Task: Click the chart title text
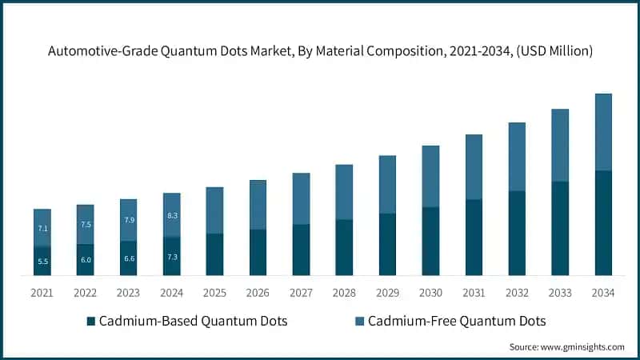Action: pyautogui.click(x=320, y=51)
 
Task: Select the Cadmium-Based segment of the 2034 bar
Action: pyautogui.click(x=603, y=222)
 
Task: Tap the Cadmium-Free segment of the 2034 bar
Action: pyautogui.click(x=603, y=132)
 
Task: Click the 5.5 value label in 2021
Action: pyautogui.click(x=42, y=262)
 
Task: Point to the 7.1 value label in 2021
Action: pyautogui.click(x=42, y=229)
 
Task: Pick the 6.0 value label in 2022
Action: pyautogui.click(x=86, y=260)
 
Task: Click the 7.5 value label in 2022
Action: pyautogui.click(x=86, y=225)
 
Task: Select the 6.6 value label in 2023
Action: pyautogui.click(x=129, y=258)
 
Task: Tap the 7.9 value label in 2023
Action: pyautogui.click(x=129, y=220)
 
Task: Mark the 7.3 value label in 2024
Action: pyautogui.click(x=172, y=256)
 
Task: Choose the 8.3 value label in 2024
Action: pyautogui.click(x=172, y=215)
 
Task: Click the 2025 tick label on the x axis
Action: pyautogui.click(x=215, y=293)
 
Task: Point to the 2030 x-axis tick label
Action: pyautogui.click(x=430, y=293)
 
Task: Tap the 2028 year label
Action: pyautogui.click(x=344, y=293)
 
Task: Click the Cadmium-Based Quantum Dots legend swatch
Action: pyautogui.click(x=91, y=322)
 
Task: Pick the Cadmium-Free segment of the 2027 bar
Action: pyautogui.click(x=301, y=198)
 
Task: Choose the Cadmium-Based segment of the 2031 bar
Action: pyautogui.click(x=474, y=237)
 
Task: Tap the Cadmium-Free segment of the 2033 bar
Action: pyautogui.click(x=560, y=146)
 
